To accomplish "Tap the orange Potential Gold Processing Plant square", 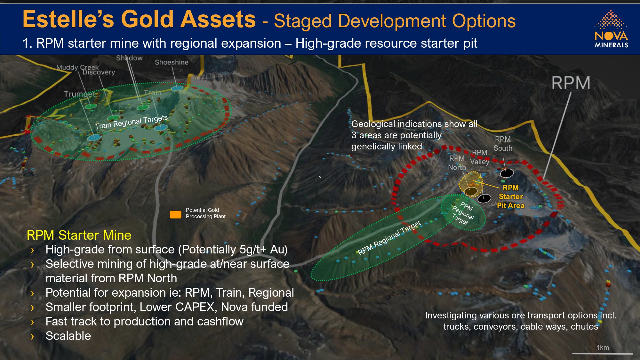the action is click(x=175, y=214).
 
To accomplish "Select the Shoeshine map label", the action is click(x=172, y=62).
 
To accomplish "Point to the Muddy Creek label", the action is click(x=77, y=67).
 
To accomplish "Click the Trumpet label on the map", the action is click(x=80, y=94).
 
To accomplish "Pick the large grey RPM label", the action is click(x=571, y=83).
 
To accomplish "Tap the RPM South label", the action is click(x=503, y=144).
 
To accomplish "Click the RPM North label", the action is click(x=457, y=163).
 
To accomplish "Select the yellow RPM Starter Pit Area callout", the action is click(x=511, y=196).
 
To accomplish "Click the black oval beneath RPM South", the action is click(x=507, y=173).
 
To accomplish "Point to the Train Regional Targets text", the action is click(x=131, y=122).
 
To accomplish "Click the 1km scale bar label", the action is click(x=603, y=348).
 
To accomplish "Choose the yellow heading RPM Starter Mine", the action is click(x=79, y=235).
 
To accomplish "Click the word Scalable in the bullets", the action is click(x=68, y=336).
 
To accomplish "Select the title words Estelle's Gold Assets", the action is click(x=139, y=19).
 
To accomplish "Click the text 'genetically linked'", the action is click(x=387, y=146).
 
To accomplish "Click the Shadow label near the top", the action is click(x=129, y=58).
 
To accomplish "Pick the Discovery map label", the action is click(x=99, y=72).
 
